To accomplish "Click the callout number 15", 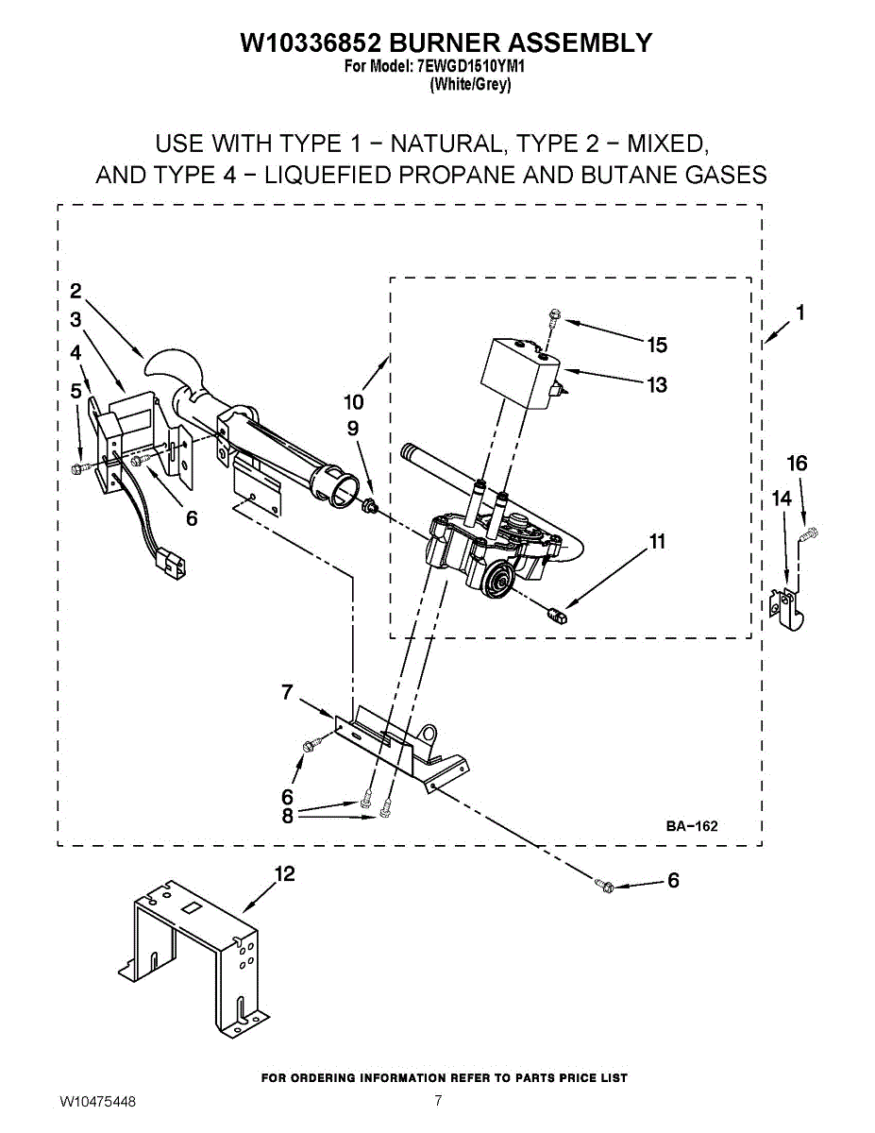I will pos(657,346).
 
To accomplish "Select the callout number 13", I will pos(657,384).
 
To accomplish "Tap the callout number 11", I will pos(657,542).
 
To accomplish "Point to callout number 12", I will pos(284,874).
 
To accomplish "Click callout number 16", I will pos(798,463).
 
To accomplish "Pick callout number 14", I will pos(782,499).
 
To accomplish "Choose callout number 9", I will pos(352,429).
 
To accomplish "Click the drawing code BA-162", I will pos(692,826).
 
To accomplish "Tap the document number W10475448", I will pos(97,1102).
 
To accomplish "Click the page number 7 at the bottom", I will pos(438,1100).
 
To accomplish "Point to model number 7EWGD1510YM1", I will pos(471,68).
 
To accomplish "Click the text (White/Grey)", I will pos(470,84).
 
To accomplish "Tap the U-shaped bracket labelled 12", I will pos(194,954).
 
